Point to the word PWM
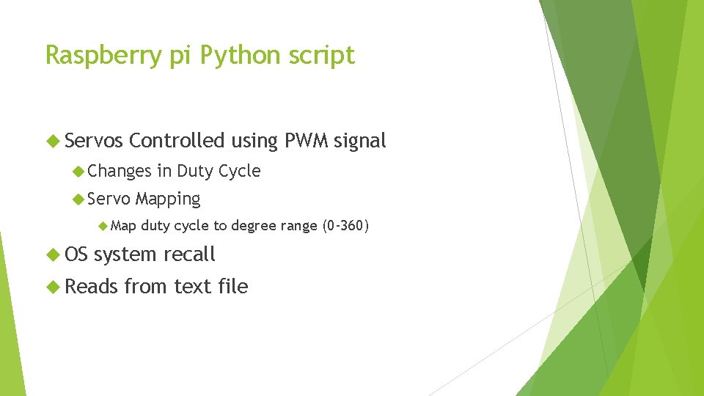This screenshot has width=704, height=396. pos(303,141)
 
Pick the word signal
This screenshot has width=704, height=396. pos(359,141)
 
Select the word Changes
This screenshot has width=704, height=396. pos(120,171)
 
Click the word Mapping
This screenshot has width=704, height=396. pos(168,199)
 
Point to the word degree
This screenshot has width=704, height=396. pos(253,225)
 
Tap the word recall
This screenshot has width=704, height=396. pos(189,254)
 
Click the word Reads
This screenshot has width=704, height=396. pos(92,286)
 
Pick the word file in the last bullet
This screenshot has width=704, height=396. pos(232,286)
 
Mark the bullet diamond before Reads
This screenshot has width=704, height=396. pos(51,287)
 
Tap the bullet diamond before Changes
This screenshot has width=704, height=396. pos(79,172)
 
